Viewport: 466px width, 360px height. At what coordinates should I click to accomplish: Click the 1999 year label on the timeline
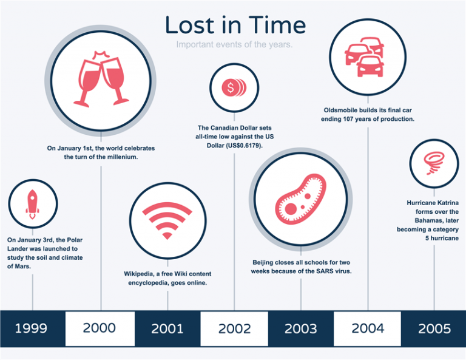click(x=31, y=328)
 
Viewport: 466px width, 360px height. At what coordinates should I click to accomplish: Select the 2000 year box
click(x=100, y=328)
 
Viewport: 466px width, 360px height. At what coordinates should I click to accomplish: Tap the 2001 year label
click(x=167, y=328)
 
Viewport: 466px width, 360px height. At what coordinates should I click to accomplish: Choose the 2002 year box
click(x=234, y=328)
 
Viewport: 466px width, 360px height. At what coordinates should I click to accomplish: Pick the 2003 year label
click(x=301, y=328)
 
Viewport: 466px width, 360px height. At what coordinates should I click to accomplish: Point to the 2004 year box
click(x=367, y=328)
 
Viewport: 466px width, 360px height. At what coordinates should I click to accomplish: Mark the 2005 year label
click(x=434, y=328)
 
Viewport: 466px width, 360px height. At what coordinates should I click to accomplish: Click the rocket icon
click(x=32, y=204)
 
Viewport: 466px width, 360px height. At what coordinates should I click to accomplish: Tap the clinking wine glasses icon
click(x=101, y=79)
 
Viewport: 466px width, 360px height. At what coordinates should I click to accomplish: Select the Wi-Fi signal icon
click(x=167, y=220)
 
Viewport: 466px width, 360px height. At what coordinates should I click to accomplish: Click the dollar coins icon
click(x=234, y=87)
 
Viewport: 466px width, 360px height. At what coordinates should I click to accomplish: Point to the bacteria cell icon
click(x=301, y=199)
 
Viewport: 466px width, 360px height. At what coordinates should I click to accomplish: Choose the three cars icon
click(x=365, y=57)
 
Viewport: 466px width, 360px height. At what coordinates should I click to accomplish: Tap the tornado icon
click(x=434, y=163)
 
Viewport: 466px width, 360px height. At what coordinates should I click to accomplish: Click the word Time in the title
click(x=277, y=25)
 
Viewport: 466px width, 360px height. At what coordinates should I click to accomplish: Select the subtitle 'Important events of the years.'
click(x=234, y=44)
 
